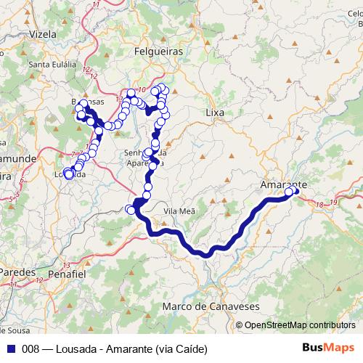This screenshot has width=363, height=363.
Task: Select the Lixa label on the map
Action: [216, 113]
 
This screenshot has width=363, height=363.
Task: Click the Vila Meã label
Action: [181, 211]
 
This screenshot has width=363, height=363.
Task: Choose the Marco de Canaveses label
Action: [211, 307]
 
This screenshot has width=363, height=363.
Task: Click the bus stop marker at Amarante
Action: [290, 192]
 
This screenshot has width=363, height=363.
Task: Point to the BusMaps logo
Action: [329, 348]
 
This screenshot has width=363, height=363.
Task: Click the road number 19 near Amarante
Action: [333, 201]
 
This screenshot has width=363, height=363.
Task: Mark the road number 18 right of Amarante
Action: [319, 205]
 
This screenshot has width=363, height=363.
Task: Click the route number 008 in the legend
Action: [31, 348]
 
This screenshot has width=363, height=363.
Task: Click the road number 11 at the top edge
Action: [97, 5]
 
